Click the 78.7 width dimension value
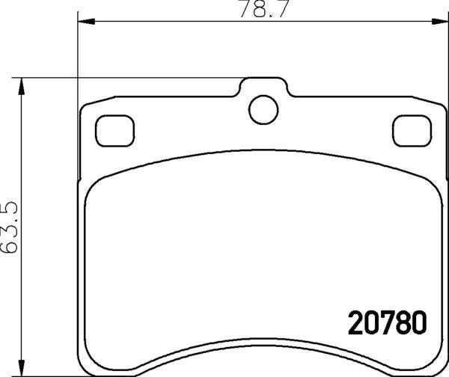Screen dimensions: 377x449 [255, 10]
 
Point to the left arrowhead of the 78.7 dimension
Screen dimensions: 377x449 [83, 22]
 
